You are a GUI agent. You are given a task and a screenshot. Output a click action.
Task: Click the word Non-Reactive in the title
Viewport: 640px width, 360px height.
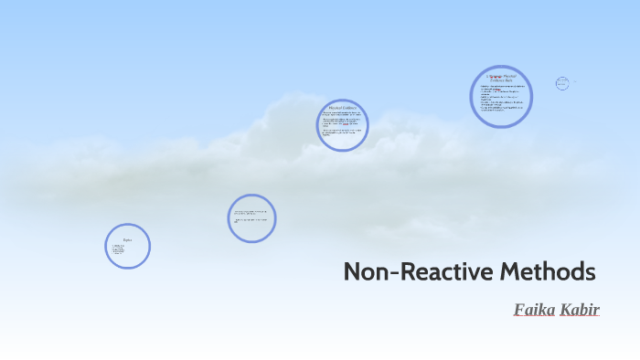pyautogui.click(x=405, y=271)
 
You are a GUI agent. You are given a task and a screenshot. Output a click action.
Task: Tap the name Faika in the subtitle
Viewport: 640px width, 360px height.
pyautogui.click(x=533, y=309)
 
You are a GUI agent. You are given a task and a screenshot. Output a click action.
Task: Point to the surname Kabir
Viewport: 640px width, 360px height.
pyautogui.click(x=580, y=309)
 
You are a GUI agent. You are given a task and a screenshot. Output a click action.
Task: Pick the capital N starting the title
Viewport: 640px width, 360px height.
pyautogui.click(x=353, y=271)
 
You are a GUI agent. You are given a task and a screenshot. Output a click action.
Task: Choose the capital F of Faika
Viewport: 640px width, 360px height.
pyautogui.click(x=519, y=309)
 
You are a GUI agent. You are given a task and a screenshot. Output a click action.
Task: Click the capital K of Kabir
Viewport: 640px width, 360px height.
pyautogui.click(x=566, y=309)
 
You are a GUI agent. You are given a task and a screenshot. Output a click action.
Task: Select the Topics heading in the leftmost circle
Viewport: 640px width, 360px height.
pyautogui.click(x=127, y=239)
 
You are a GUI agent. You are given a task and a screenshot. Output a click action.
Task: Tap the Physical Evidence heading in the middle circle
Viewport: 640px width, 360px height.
pyautogui.click(x=342, y=106)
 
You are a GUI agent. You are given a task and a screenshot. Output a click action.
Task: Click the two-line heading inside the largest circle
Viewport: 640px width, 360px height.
pyautogui.click(x=501, y=79)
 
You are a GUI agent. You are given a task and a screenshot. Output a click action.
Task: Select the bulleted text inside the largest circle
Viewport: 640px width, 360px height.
pyautogui.click(x=501, y=100)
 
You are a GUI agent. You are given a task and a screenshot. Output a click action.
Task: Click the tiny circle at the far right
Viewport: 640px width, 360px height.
pyautogui.click(x=562, y=83)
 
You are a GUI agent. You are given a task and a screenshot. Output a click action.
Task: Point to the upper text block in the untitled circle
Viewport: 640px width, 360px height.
pyautogui.click(x=251, y=212)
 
